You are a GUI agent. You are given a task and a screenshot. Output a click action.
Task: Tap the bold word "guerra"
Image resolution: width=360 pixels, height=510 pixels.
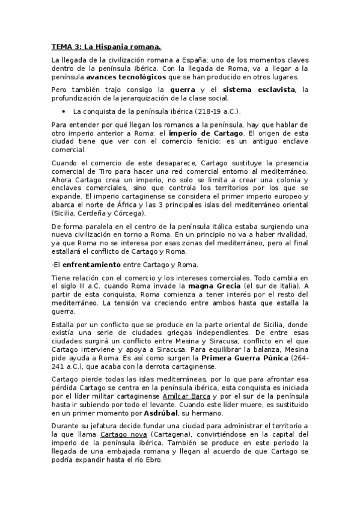coord(186,90)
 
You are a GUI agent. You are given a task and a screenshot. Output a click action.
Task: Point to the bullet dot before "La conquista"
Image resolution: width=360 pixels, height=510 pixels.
coord(64,111)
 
